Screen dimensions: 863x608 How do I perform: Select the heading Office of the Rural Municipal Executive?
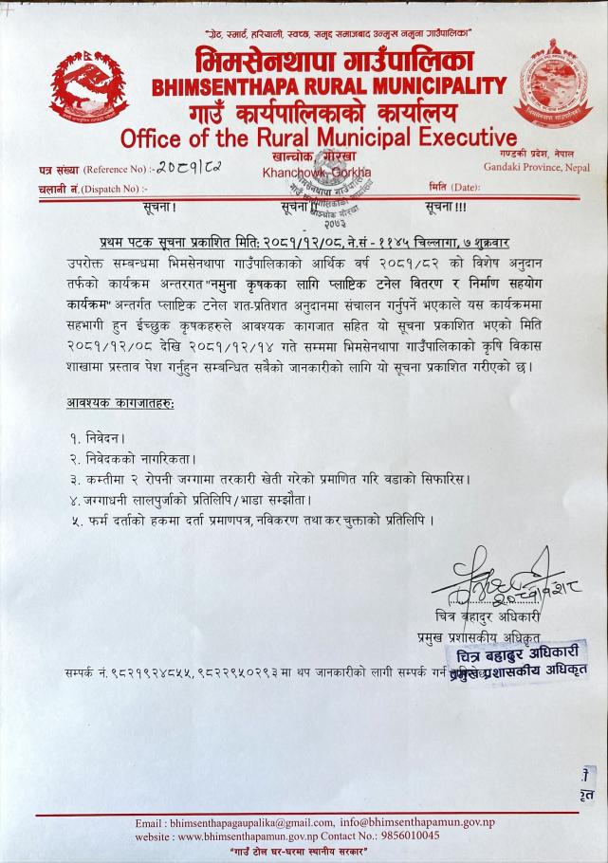click(319, 138)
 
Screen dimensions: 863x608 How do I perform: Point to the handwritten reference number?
click(190, 170)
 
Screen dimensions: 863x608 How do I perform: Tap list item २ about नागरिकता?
click(119, 460)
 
